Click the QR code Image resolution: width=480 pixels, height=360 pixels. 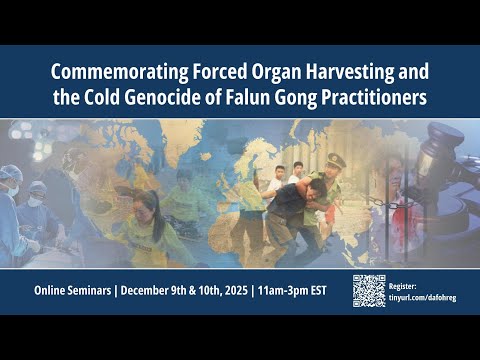368,290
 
